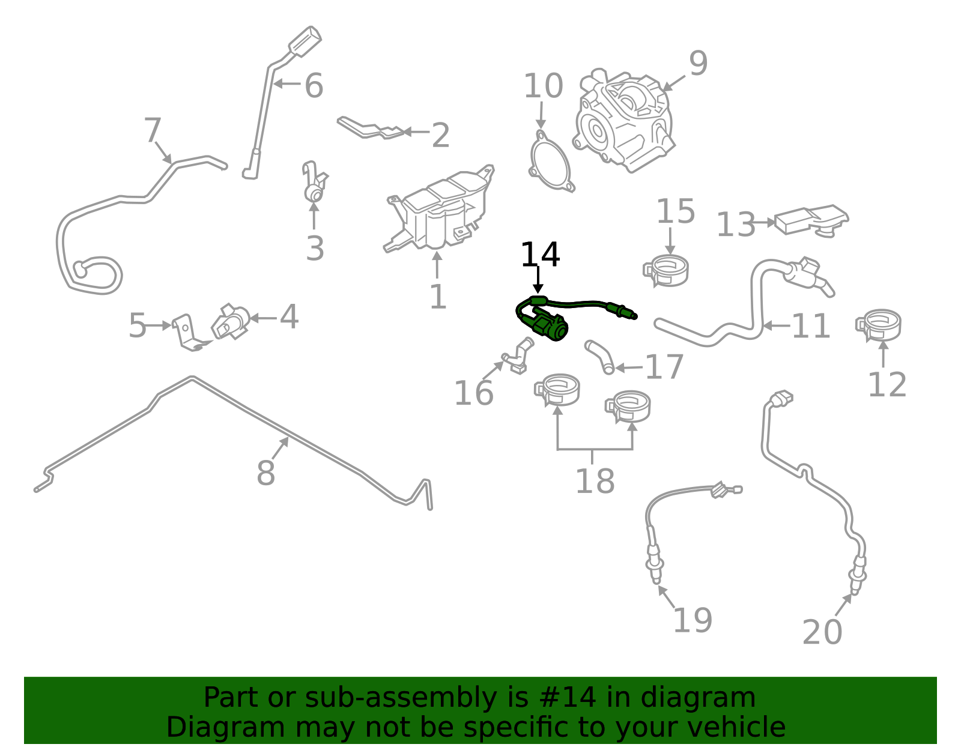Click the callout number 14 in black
tap(540, 255)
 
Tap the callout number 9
tap(698, 63)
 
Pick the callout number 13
tap(736, 225)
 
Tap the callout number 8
tap(265, 473)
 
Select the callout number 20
tap(822, 632)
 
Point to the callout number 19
tap(692, 620)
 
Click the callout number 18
tap(595, 480)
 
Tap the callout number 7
tap(153, 130)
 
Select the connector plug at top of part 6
tap(305, 38)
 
